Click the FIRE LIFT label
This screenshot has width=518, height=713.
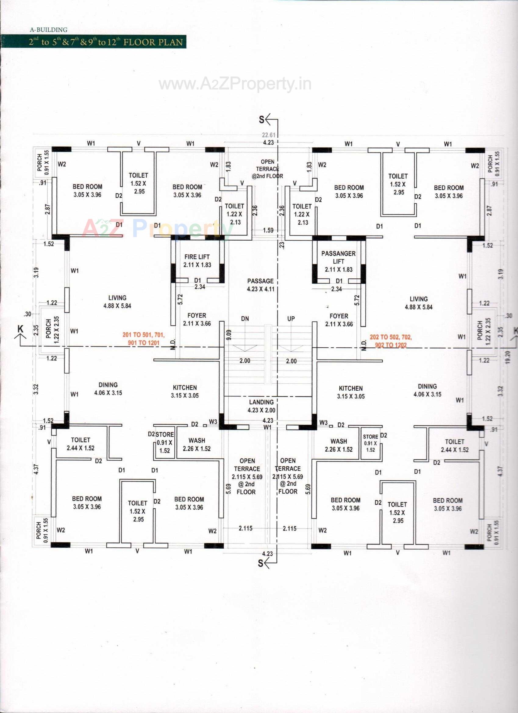(x=197, y=261)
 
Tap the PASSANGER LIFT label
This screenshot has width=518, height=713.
(x=338, y=261)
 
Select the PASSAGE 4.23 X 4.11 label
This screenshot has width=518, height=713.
(x=261, y=285)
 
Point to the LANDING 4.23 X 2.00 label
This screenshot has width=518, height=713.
(x=261, y=406)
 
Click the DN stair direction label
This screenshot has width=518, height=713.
(x=245, y=319)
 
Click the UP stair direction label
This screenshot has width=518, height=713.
(x=291, y=319)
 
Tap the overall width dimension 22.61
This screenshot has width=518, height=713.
(x=269, y=135)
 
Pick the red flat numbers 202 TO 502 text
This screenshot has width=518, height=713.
(x=391, y=341)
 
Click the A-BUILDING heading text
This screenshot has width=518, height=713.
(x=49, y=30)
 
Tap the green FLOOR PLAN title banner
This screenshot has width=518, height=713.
(x=106, y=42)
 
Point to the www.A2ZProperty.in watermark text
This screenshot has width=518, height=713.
(x=235, y=84)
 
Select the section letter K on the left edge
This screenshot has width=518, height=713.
(x=20, y=329)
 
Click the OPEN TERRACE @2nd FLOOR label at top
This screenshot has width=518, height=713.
(x=267, y=169)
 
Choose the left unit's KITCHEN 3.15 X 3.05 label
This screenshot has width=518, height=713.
(x=185, y=391)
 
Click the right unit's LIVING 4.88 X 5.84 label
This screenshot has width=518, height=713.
(x=418, y=303)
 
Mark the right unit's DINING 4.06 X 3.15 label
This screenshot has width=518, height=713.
(x=427, y=390)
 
